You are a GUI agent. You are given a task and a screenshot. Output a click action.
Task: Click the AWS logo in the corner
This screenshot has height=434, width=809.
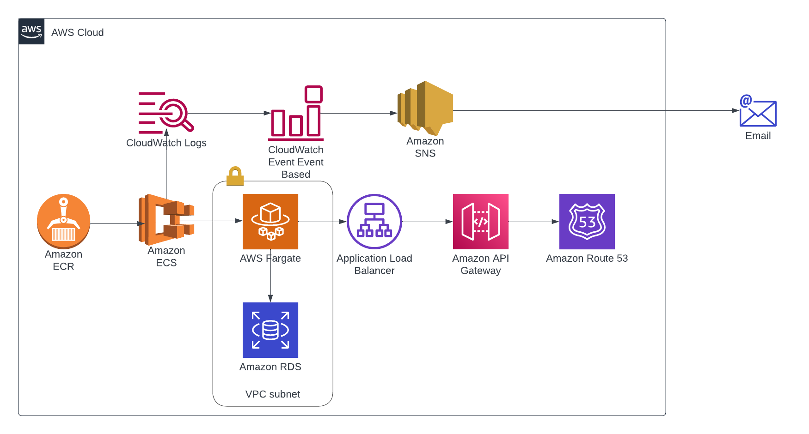click(31, 31)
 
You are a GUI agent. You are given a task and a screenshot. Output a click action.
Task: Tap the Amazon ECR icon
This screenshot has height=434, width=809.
click(63, 221)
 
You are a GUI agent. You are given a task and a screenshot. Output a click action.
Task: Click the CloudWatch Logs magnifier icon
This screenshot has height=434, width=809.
click(166, 113)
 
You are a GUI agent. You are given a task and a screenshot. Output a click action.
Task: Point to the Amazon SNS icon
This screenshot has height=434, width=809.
click(425, 108)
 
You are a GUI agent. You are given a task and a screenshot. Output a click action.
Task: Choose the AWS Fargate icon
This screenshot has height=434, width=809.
click(270, 222)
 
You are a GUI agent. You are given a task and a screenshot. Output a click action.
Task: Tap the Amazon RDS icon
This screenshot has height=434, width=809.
click(270, 330)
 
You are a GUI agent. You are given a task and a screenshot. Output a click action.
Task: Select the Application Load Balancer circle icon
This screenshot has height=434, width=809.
click(374, 222)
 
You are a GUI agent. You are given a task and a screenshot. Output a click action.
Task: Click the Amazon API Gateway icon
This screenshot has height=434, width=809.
click(481, 222)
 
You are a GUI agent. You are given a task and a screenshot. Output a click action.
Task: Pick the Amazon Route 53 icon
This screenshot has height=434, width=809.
click(587, 222)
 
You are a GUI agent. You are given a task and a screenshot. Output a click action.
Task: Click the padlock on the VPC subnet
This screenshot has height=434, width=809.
click(235, 176)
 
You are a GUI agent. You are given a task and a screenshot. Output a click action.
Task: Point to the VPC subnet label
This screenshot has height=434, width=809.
click(273, 394)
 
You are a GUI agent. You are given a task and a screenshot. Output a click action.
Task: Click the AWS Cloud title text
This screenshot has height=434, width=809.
click(78, 33)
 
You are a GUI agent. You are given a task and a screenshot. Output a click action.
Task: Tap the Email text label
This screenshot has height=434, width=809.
click(758, 136)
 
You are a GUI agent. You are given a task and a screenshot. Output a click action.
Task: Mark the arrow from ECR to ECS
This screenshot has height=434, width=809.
click(116, 224)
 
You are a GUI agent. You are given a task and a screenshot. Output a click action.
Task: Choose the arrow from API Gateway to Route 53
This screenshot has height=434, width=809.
click(534, 222)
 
